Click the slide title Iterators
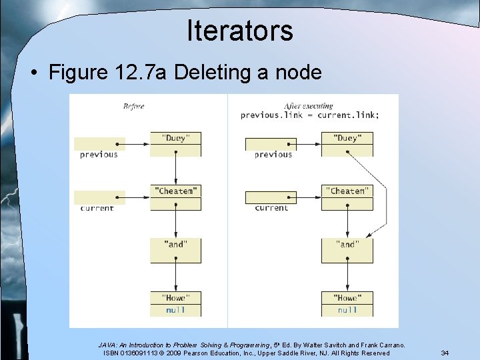click(x=240, y=30)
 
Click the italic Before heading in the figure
click(x=133, y=106)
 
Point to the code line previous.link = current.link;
click(x=310, y=115)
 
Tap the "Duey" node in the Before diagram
click(x=175, y=139)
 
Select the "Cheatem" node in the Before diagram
click(x=175, y=191)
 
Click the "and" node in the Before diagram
click(x=175, y=245)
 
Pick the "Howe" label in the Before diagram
click(x=175, y=298)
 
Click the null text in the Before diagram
click(x=175, y=310)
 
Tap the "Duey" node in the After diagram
click(x=347, y=139)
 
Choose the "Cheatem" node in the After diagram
click(x=347, y=191)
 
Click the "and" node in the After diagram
click(x=347, y=245)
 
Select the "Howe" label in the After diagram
click(x=347, y=298)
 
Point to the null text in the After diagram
click(x=347, y=310)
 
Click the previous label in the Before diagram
click(x=99, y=155)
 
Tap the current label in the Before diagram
click(x=97, y=208)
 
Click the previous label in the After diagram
click(x=273, y=155)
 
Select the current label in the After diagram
click(x=272, y=208)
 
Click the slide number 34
click(x=445, y=353)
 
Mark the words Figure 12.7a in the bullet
click(x=109, y=73)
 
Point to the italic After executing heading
click(x=309, y=106)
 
